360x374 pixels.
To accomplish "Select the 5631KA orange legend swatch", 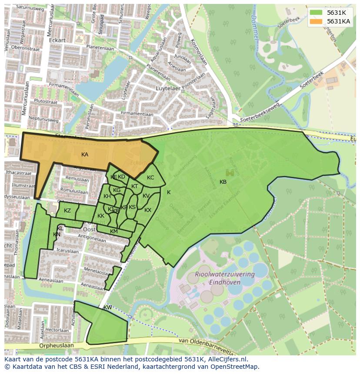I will [x=317, y=21].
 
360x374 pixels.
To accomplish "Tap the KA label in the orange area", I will [x=85, y=155].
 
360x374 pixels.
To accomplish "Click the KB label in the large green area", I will [x=223, y=182].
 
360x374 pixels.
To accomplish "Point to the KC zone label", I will [x=150, y=178].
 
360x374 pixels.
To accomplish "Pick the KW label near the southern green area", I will [x=108, y=308].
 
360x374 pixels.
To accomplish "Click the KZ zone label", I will [x=67, y=211].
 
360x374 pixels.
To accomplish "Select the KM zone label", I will [x=114, y=232].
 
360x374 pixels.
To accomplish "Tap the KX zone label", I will [x=148, y=210].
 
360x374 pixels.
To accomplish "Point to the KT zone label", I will [x=135, y=186].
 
